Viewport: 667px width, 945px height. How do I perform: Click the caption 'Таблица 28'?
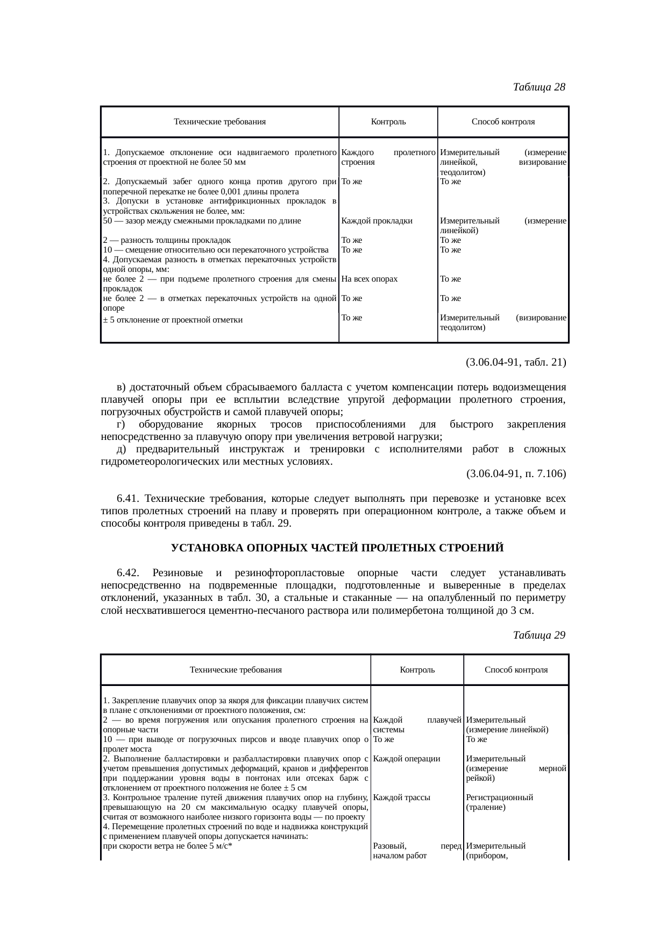click(x=539, y=87)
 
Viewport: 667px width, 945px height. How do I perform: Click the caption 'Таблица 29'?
click(x=539, y=635)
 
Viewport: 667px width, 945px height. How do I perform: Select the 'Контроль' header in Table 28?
click(x=388, y=122)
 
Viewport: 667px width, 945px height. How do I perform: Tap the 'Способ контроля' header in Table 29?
click(x=516, y=670)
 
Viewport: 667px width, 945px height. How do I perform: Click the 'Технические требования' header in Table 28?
click(x=219, y=122)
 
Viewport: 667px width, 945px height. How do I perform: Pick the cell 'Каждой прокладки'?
click(x=377, y=221)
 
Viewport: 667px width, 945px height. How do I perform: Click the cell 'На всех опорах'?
click(x=369, y=279)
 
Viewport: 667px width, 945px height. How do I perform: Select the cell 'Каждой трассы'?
click(x=401, y=797)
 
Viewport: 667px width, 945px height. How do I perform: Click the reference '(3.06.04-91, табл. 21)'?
click(x=515, y=362)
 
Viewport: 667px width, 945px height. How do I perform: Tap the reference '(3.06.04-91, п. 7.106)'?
click(x=515, y=474)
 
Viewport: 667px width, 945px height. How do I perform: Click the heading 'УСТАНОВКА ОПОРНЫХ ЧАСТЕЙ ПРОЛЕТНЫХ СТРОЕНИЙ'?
click(x=337, y=548)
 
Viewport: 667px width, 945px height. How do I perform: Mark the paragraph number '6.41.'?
click(x=128, y=498)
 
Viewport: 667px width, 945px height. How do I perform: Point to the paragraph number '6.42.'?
click(x=128, y=573)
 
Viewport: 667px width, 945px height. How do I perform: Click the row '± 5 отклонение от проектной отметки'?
click(x=173, y=320)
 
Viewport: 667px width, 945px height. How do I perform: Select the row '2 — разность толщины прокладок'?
click(x=167, y=240)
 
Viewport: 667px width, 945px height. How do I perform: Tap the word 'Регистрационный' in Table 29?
click(x=499, y=797)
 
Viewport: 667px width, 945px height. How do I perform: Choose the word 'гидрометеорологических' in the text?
click(x=160, y=461)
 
